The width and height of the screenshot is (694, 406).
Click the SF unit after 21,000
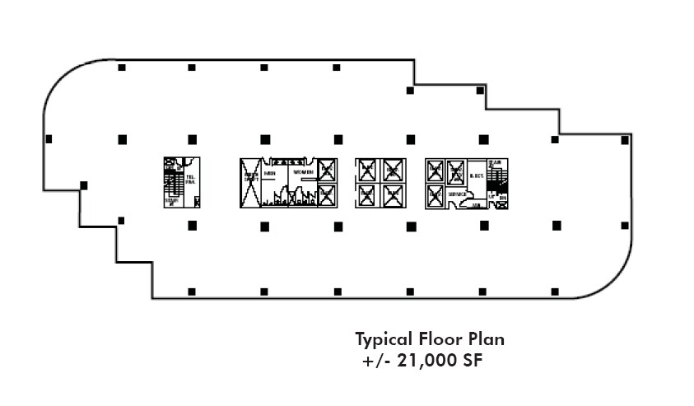pos(466,361)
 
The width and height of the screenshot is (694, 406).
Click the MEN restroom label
pos(269,172)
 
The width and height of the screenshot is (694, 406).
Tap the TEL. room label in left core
pos(191,179)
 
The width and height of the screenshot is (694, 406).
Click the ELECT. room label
pos(476,175)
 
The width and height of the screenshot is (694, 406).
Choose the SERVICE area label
pos(458,194)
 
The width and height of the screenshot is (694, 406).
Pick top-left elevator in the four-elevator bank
pos(366,170)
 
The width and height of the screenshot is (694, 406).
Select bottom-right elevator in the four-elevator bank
pos(393,195)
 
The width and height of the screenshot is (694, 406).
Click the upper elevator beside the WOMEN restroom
pos(327,170)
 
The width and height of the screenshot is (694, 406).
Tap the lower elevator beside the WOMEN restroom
pos(327,195)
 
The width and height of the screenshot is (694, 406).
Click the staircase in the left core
pos(173,181)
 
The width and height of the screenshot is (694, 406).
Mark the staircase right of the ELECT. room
pos(496,175)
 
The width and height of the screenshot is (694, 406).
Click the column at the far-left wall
pos(49,139)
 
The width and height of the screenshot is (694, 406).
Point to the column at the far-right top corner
pos(625,140)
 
